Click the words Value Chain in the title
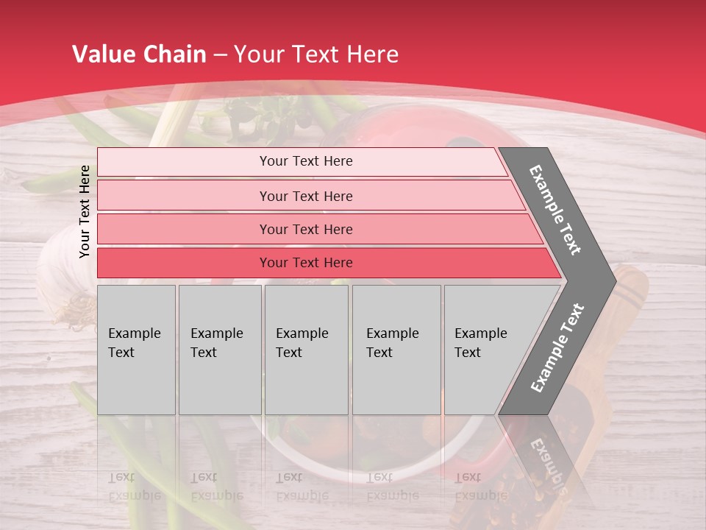[139, 54]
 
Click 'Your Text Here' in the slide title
[316, 54]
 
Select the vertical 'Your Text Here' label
[85, 211]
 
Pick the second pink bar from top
[305, 196]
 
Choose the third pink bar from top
[305, 229]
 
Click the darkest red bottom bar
[305, 263]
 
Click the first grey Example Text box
[136, 349]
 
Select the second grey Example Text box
[219, 349]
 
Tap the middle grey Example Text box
[306, 349]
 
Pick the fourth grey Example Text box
[396, 349]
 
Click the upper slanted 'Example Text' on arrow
[555, 210]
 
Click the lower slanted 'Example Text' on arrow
[557, 348]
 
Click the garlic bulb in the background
[63, 272]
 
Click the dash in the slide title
[220, 55]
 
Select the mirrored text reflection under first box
[135, 486]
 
